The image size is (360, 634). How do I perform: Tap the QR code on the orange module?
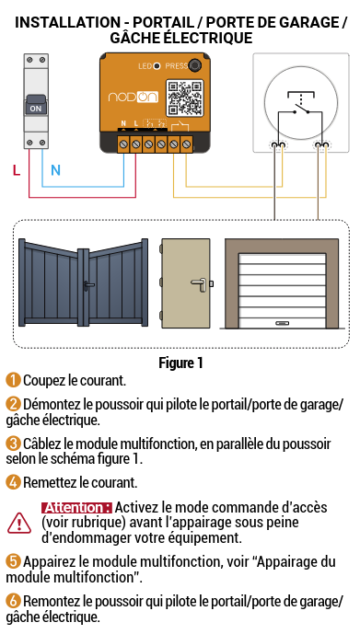click(x=185, y=98)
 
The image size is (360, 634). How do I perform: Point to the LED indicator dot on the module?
click(x=157, y=66)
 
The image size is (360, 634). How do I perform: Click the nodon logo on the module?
click(x=133, y=97)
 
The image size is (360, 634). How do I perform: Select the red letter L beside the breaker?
click(x=17, y=170)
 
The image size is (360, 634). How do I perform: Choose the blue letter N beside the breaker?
click(x=56, y=170)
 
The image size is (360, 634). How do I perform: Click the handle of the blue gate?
click(x=88, y=286)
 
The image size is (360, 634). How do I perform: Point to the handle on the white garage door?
click(x=281, y=323)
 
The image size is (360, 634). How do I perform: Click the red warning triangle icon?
click(x=18, y=523)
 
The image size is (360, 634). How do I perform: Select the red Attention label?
click(x=76, y=507)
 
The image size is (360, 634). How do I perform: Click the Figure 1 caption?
click(x=180, y=363)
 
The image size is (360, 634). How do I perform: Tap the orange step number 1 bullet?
click(x=13, y=380)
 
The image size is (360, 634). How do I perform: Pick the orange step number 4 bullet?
click(x=13, y=482)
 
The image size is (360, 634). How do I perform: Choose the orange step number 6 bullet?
click(x=13, y=601)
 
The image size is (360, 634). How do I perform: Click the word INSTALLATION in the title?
click(x=68, y=22)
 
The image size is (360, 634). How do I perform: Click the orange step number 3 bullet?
click(x=13, y=444)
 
